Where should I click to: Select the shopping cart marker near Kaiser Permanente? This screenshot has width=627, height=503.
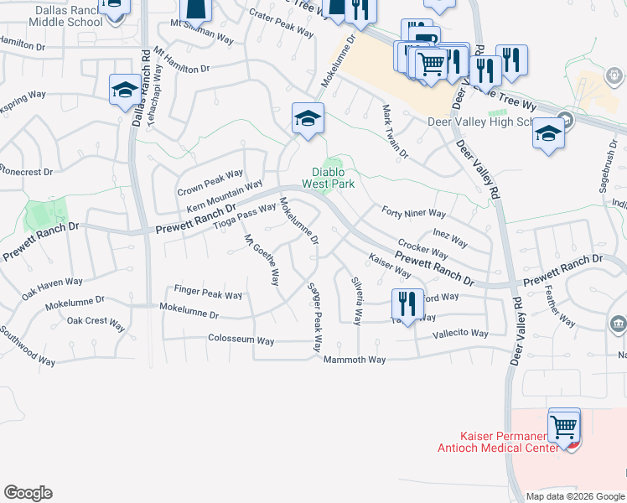click(x=564, y=427)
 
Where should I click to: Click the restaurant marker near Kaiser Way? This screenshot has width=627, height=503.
click(x=407, y=303)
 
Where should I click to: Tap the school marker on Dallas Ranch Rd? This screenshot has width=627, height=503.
click(x=124, y=90)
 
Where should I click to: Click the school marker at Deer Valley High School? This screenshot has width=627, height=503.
click(x=549, y=135)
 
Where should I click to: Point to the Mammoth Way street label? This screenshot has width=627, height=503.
click(x=355, y=360)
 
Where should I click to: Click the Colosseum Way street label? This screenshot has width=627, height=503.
click(x=241, y=340)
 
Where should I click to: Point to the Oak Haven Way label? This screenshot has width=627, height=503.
click(x=52, y=288)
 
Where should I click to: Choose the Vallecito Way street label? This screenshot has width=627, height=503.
click(x=460, y=333)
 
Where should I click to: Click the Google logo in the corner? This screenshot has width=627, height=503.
click(x=28, y=493)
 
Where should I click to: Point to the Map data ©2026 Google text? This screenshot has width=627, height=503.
click(x=575, y=496)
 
